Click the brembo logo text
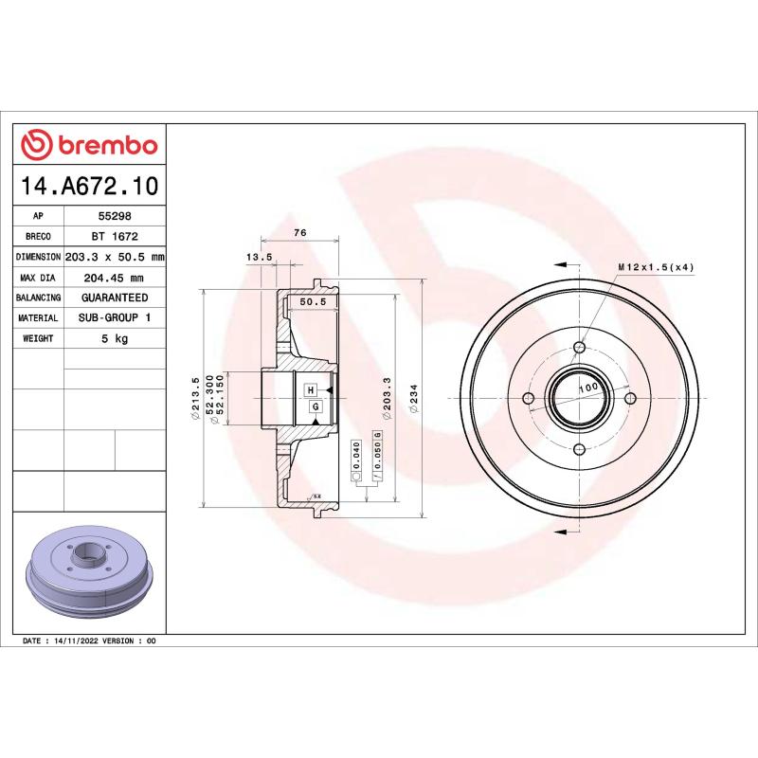click(x=107, y=145)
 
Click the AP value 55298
click(x=114, y=216)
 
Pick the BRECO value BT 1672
click(x=114, y=236)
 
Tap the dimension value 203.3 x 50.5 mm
click(x=114, y=257)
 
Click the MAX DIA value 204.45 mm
click(x=114, y=278)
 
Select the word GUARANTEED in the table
click(x=114, y=298)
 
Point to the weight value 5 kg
click(x=114, y=338)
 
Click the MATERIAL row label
click(x=39, y=318)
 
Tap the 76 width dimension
click(x=299, y=233)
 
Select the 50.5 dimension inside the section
click(x=313, y=302)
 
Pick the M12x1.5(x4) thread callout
click(x=656, y=267)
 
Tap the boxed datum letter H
click(x=310, y=389)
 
